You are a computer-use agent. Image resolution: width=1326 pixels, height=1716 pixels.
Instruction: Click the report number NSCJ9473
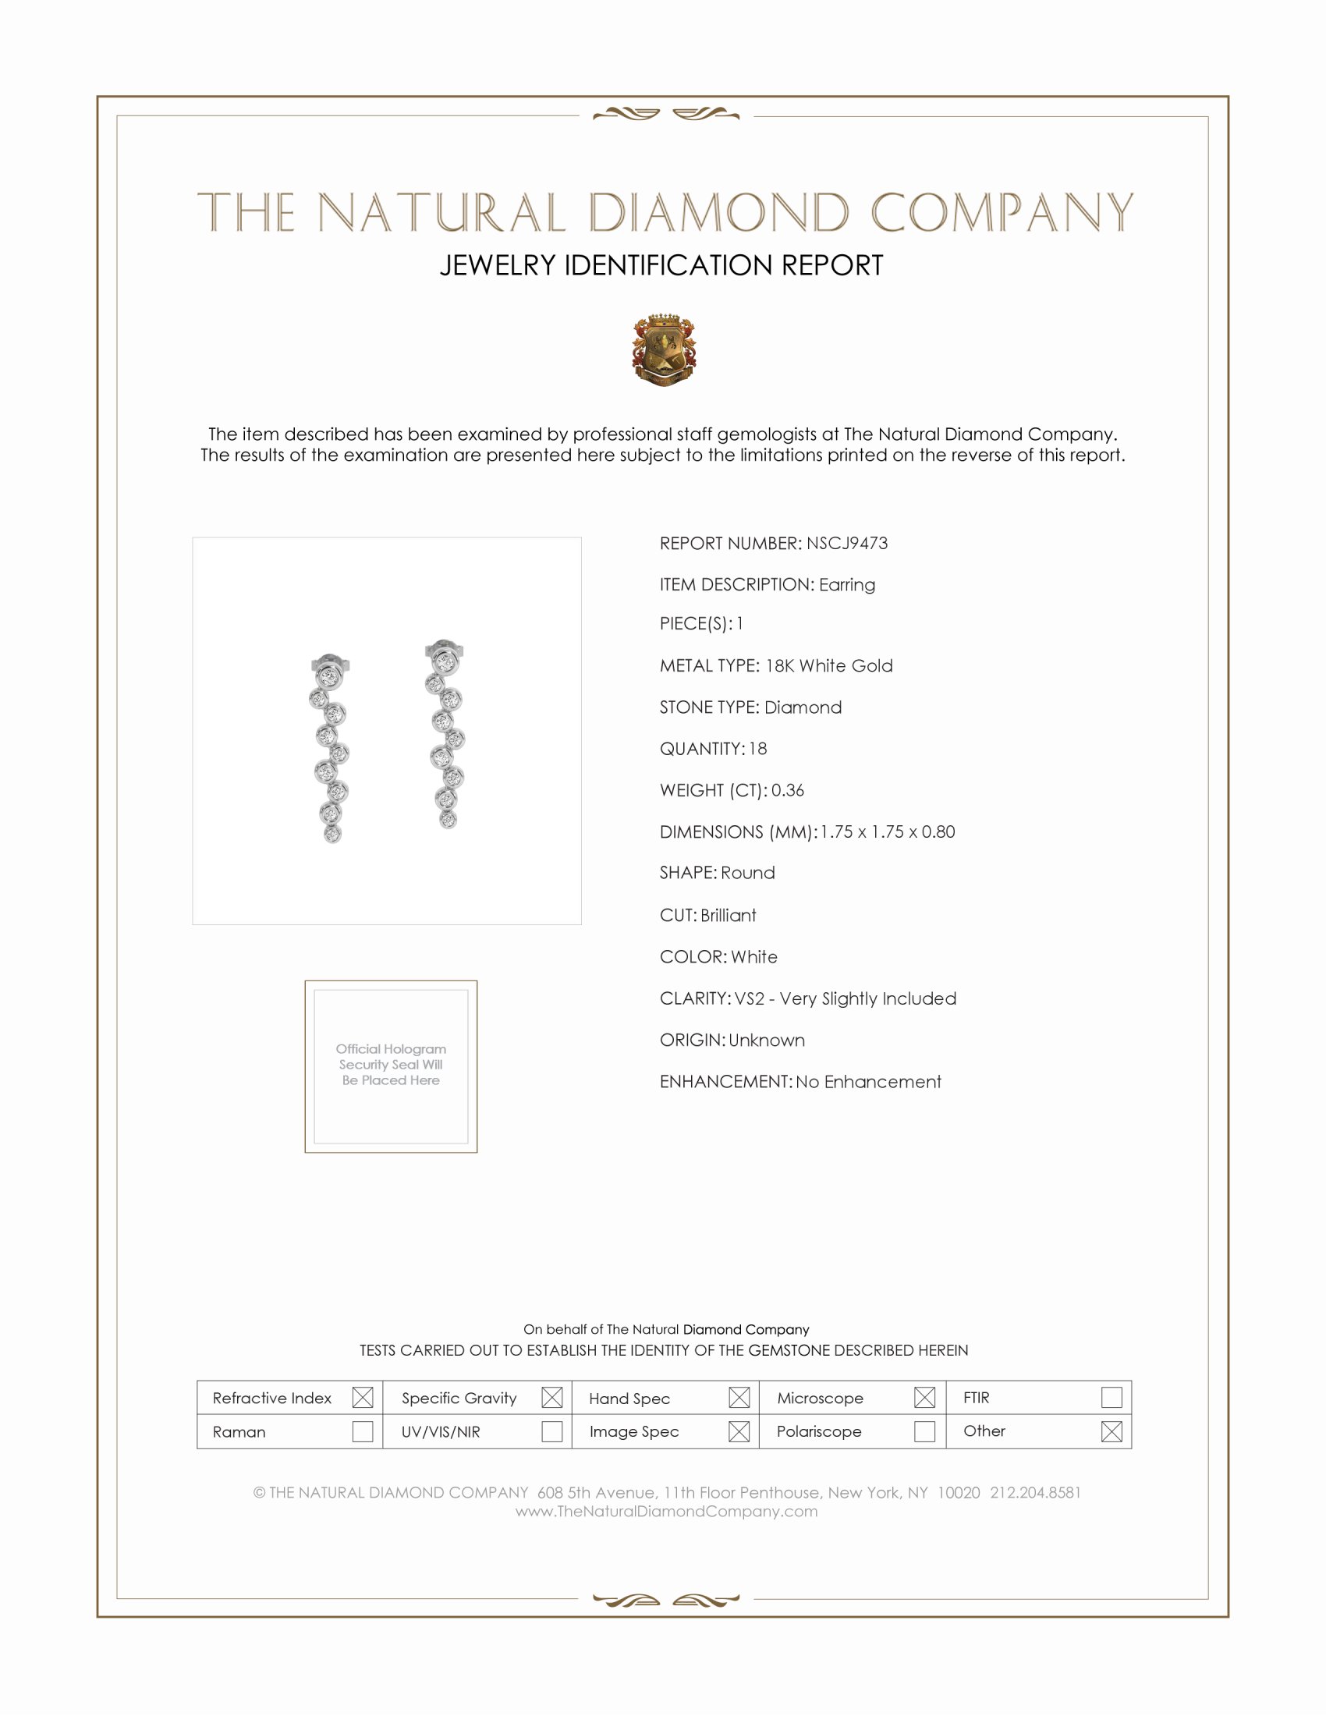(847, 543)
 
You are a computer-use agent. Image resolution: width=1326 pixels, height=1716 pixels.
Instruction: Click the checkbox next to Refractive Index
(362, 1397)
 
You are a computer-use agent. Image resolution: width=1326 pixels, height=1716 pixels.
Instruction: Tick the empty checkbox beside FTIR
(1111, 1397)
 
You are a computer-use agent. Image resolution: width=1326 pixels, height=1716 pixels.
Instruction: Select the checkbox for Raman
(362, 1431)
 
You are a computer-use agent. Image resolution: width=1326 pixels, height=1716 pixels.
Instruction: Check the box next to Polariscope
(924, 1431)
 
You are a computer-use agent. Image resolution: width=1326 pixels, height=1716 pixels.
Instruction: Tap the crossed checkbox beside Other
(1111, 1431)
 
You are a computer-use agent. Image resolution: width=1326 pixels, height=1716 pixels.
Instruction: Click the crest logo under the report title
(664, 349)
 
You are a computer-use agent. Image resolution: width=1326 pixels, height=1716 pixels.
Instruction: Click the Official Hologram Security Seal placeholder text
(391, 1064)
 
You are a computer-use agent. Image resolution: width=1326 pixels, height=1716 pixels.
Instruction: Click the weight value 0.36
(787, 789)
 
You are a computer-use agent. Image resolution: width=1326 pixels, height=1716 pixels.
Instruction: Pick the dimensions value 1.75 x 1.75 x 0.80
(888, 831)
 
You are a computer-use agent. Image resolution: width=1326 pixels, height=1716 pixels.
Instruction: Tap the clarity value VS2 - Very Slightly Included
(846, 998)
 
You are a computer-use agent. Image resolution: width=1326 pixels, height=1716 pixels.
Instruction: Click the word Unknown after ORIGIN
(767, 1040)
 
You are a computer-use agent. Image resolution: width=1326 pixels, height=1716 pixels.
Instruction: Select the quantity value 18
(757, 748)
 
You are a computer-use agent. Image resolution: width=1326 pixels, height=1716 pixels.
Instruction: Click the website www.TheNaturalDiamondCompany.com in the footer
(666, 1511)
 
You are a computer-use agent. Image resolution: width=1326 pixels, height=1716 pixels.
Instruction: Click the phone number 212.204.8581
(1035, 1492)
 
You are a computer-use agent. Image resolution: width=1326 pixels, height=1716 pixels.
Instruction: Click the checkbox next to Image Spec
(739, 1431)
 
